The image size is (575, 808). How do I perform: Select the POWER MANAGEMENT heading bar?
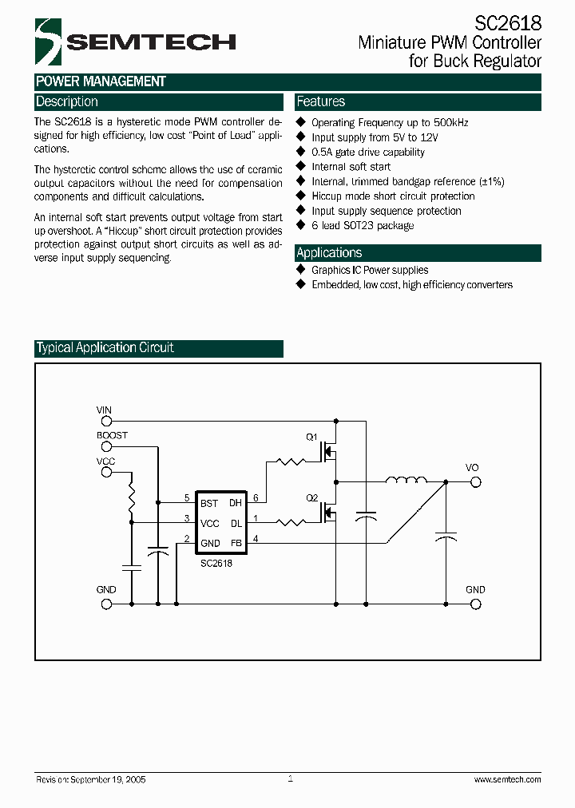coord(101,81)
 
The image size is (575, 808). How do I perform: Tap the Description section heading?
coord(67,102)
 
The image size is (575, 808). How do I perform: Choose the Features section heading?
coord(321,102)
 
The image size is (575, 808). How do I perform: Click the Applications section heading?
coord(329,253)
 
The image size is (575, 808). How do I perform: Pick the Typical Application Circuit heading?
coord(105,348)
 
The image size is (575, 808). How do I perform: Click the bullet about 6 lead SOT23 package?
coord(362,226)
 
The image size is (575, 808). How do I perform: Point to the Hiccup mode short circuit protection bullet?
coord(392,196)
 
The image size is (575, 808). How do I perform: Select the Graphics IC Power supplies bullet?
coord(369,271)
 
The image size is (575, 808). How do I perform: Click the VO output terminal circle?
coord(475,481)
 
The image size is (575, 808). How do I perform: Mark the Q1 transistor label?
coord(312,437)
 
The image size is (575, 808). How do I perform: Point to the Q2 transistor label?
coord(312,497)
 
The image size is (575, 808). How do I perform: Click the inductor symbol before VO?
coord(406,481)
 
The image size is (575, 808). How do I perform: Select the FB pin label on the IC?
coord(236,543)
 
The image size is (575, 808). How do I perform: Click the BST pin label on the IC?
coord(209,503)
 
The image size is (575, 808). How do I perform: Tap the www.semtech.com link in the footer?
coord(507,779)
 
